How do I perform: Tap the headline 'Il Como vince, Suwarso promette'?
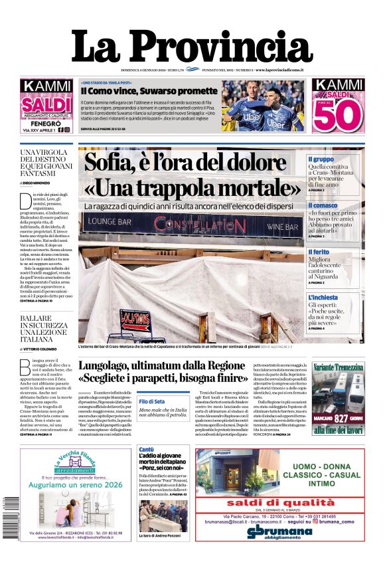(149, 91)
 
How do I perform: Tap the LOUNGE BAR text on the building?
(110, 220)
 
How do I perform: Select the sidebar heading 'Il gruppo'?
(321, 159)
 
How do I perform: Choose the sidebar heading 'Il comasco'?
(323, 206)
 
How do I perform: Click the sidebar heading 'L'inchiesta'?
(324, 298)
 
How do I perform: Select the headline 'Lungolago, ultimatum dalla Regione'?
(164, 365)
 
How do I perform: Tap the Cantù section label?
(146, 450)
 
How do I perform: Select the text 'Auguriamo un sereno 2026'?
(75, 486)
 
